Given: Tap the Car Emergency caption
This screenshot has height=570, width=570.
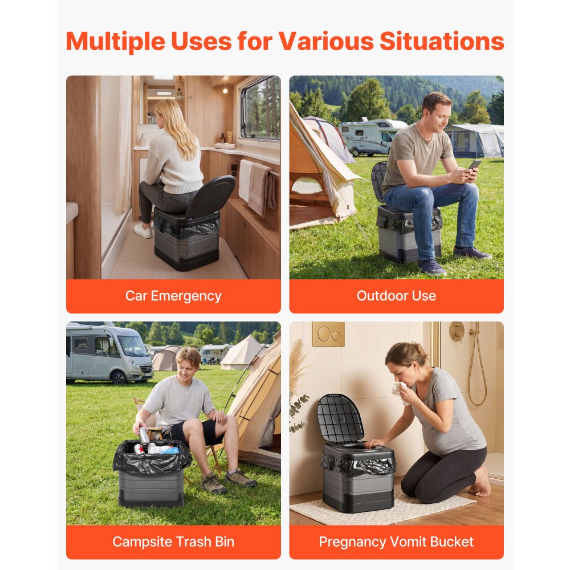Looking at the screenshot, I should [173, 296].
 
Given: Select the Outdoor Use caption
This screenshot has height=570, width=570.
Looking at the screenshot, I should [396, 296].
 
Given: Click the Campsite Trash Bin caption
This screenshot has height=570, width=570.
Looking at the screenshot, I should [173, 541].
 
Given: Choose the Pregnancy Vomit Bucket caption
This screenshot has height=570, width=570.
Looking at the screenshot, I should [396, 541].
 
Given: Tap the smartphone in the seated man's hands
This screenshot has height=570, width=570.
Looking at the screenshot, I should [474, 164].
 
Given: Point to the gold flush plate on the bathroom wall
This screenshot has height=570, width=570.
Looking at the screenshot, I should [328, 334].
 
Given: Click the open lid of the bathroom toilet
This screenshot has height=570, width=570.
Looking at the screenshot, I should [340, 418].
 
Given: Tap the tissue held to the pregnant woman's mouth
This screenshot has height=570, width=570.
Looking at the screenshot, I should [399, 389].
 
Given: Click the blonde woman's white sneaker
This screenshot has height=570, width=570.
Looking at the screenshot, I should [143, 230].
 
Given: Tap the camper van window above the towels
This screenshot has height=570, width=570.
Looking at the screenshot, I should [260, 108].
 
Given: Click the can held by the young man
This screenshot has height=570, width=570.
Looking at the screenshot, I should [144, 436].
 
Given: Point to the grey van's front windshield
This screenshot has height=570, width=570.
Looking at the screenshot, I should [131, 345].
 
